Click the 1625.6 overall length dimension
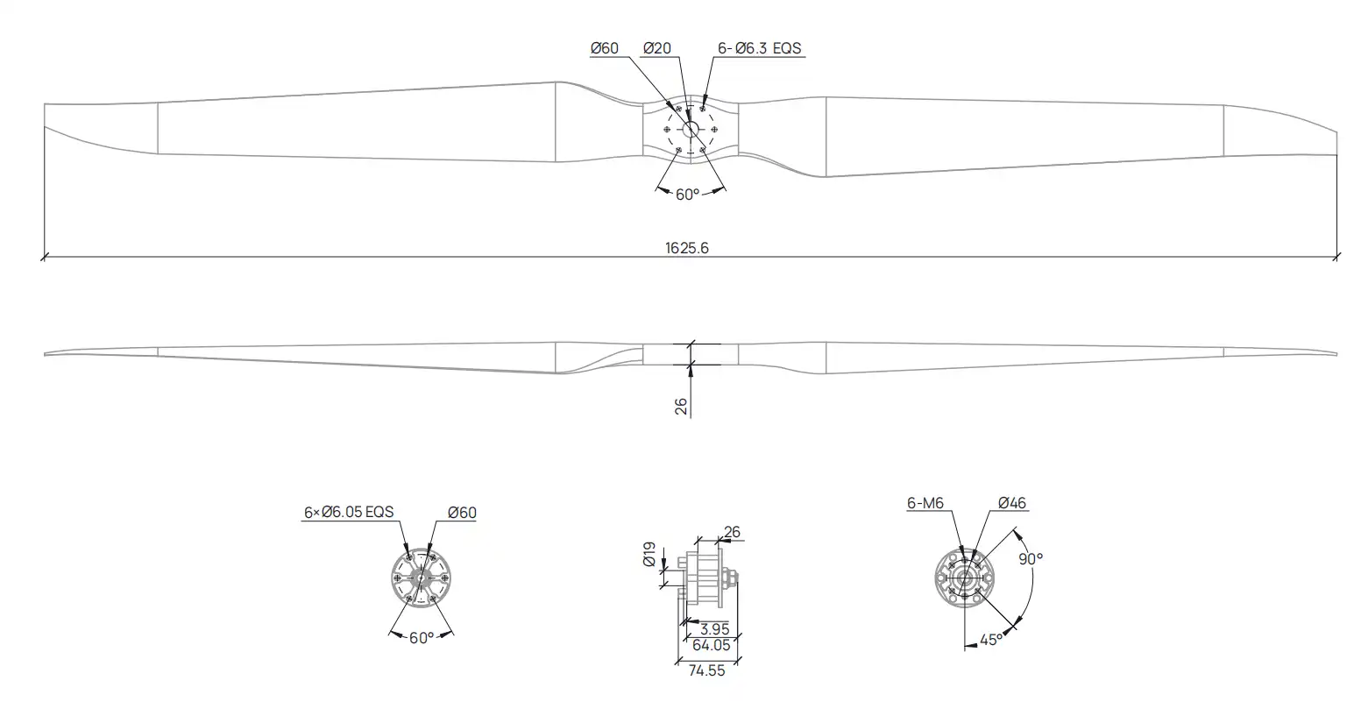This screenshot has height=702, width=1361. tap(686, 248)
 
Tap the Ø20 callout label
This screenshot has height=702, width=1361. tap(656, 48)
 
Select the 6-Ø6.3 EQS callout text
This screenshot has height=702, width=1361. tap(760, 48)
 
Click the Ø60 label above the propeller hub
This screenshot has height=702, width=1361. tap(605, 48)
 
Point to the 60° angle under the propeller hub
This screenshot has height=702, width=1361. tap(688, 195)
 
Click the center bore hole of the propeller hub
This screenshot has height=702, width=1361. tap(691, 129)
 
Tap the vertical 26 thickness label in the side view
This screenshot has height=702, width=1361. tap(681, 406)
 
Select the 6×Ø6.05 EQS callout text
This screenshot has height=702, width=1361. tap(349, 513)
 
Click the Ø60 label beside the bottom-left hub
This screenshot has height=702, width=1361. tap(463, 513)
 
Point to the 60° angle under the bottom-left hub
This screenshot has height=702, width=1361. tap(422, 638)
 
